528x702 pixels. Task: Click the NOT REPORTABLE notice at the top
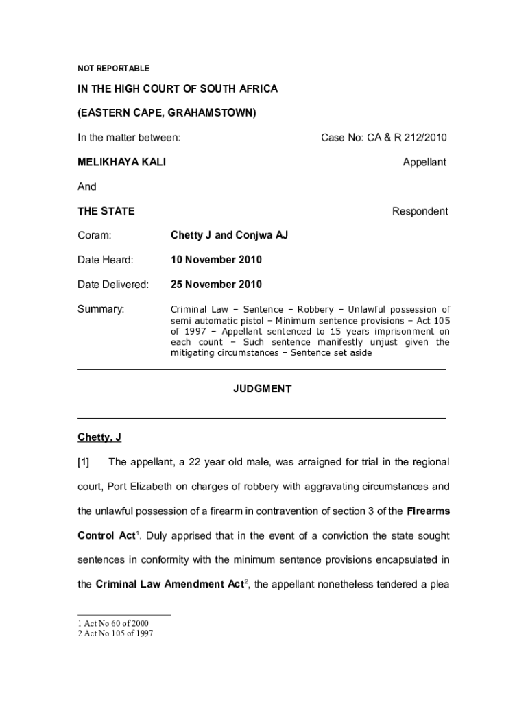113,69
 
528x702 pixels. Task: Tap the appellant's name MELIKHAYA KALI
121,162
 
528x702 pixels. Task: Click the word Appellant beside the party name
424,162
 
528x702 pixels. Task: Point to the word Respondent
420,211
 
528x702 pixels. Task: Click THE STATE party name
106,211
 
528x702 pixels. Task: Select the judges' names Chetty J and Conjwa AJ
229,235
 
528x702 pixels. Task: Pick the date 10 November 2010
216,260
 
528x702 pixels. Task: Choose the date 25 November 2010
216,285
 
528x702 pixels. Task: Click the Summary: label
101,309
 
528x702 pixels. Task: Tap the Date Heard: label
106,260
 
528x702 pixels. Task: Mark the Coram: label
95,235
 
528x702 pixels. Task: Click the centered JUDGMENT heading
262,389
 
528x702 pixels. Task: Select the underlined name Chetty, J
99,437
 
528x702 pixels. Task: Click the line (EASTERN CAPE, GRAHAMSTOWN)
167,113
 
